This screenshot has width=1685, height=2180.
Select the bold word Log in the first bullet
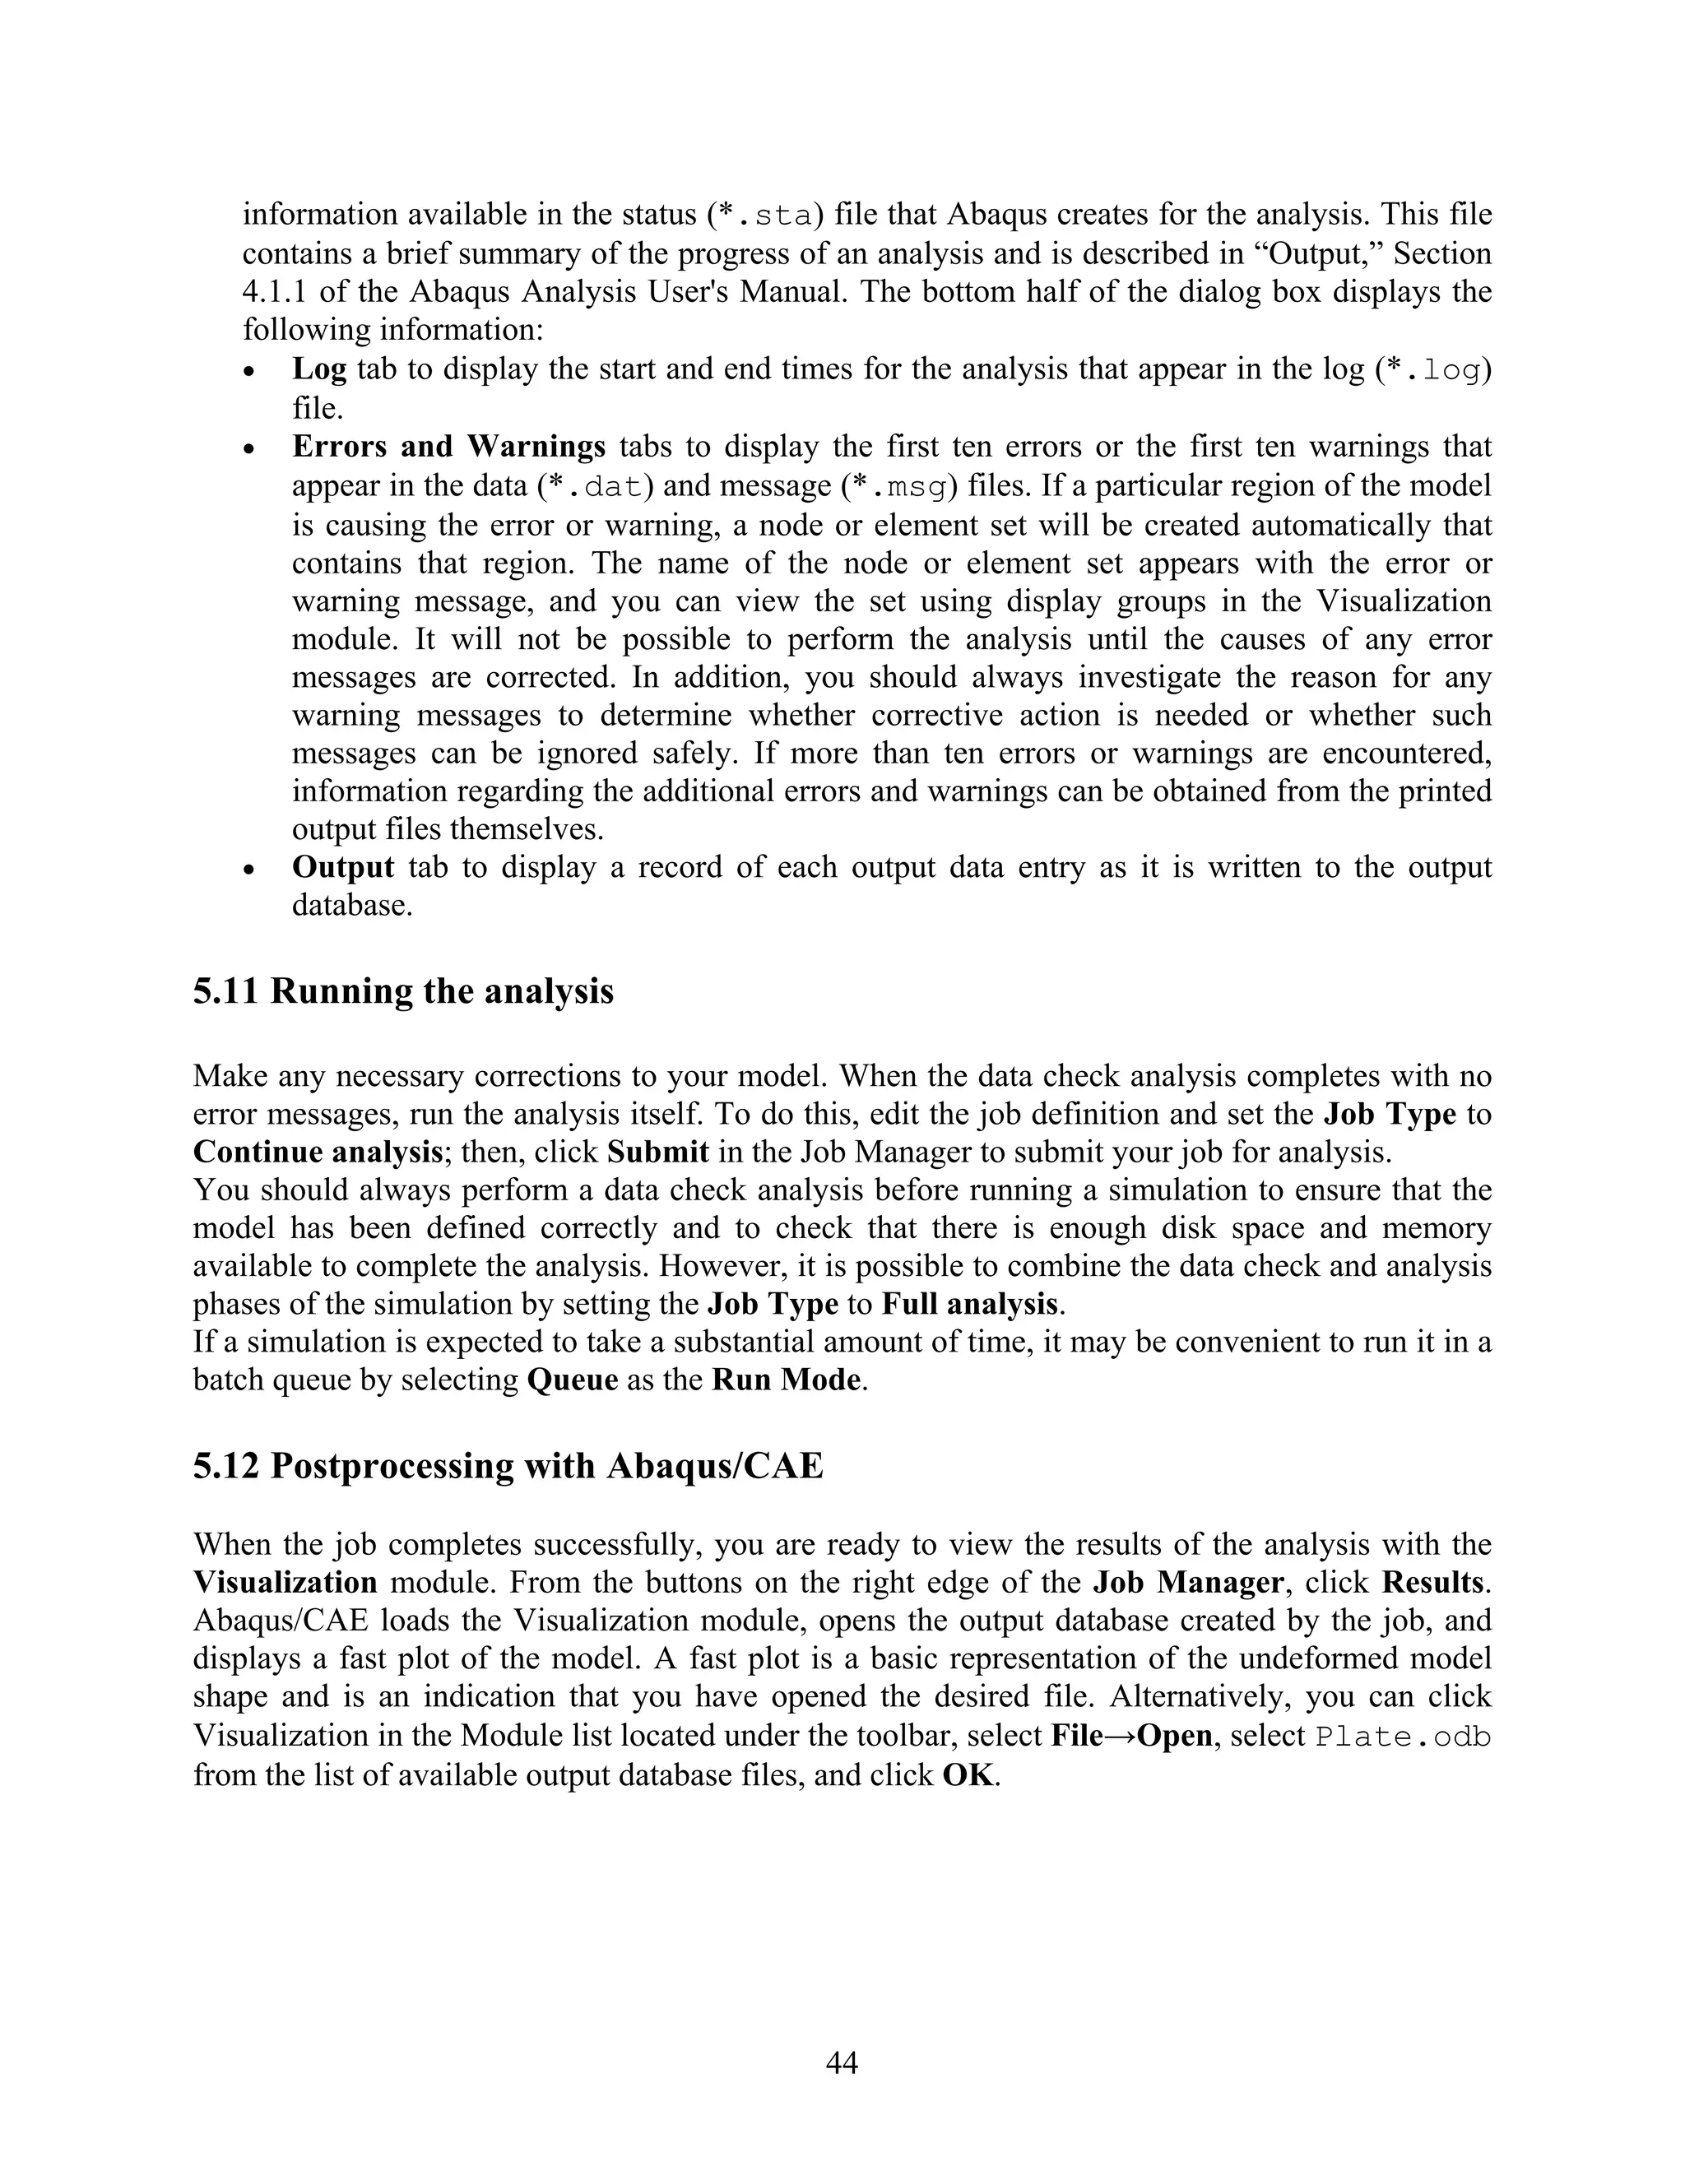[318, 369]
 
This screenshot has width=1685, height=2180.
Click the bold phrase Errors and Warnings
[448, 446]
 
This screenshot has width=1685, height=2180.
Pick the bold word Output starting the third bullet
[342, 866]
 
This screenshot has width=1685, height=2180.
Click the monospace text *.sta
[764, 216]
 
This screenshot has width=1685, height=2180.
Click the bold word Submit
[658, 1152]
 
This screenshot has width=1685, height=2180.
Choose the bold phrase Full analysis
[968, 1305]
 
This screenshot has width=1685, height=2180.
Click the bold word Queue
[572, 1380]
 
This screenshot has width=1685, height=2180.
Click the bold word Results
[1434, 1583]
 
